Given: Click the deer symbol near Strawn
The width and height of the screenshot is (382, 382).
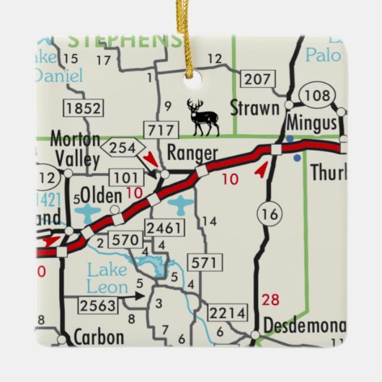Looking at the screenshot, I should click(203, 117).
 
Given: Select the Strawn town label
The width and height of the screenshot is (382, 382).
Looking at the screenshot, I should click(254, 109).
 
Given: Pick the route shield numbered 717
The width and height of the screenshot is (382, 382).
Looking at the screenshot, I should click(160, 130).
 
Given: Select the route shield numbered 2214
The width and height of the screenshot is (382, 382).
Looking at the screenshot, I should click(228, 312).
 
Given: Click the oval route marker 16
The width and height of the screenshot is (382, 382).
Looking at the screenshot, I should click(270, 213).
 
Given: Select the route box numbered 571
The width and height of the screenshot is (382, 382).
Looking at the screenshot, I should click(204, 263).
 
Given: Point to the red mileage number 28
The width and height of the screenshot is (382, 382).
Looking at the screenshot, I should click(271, 299).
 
